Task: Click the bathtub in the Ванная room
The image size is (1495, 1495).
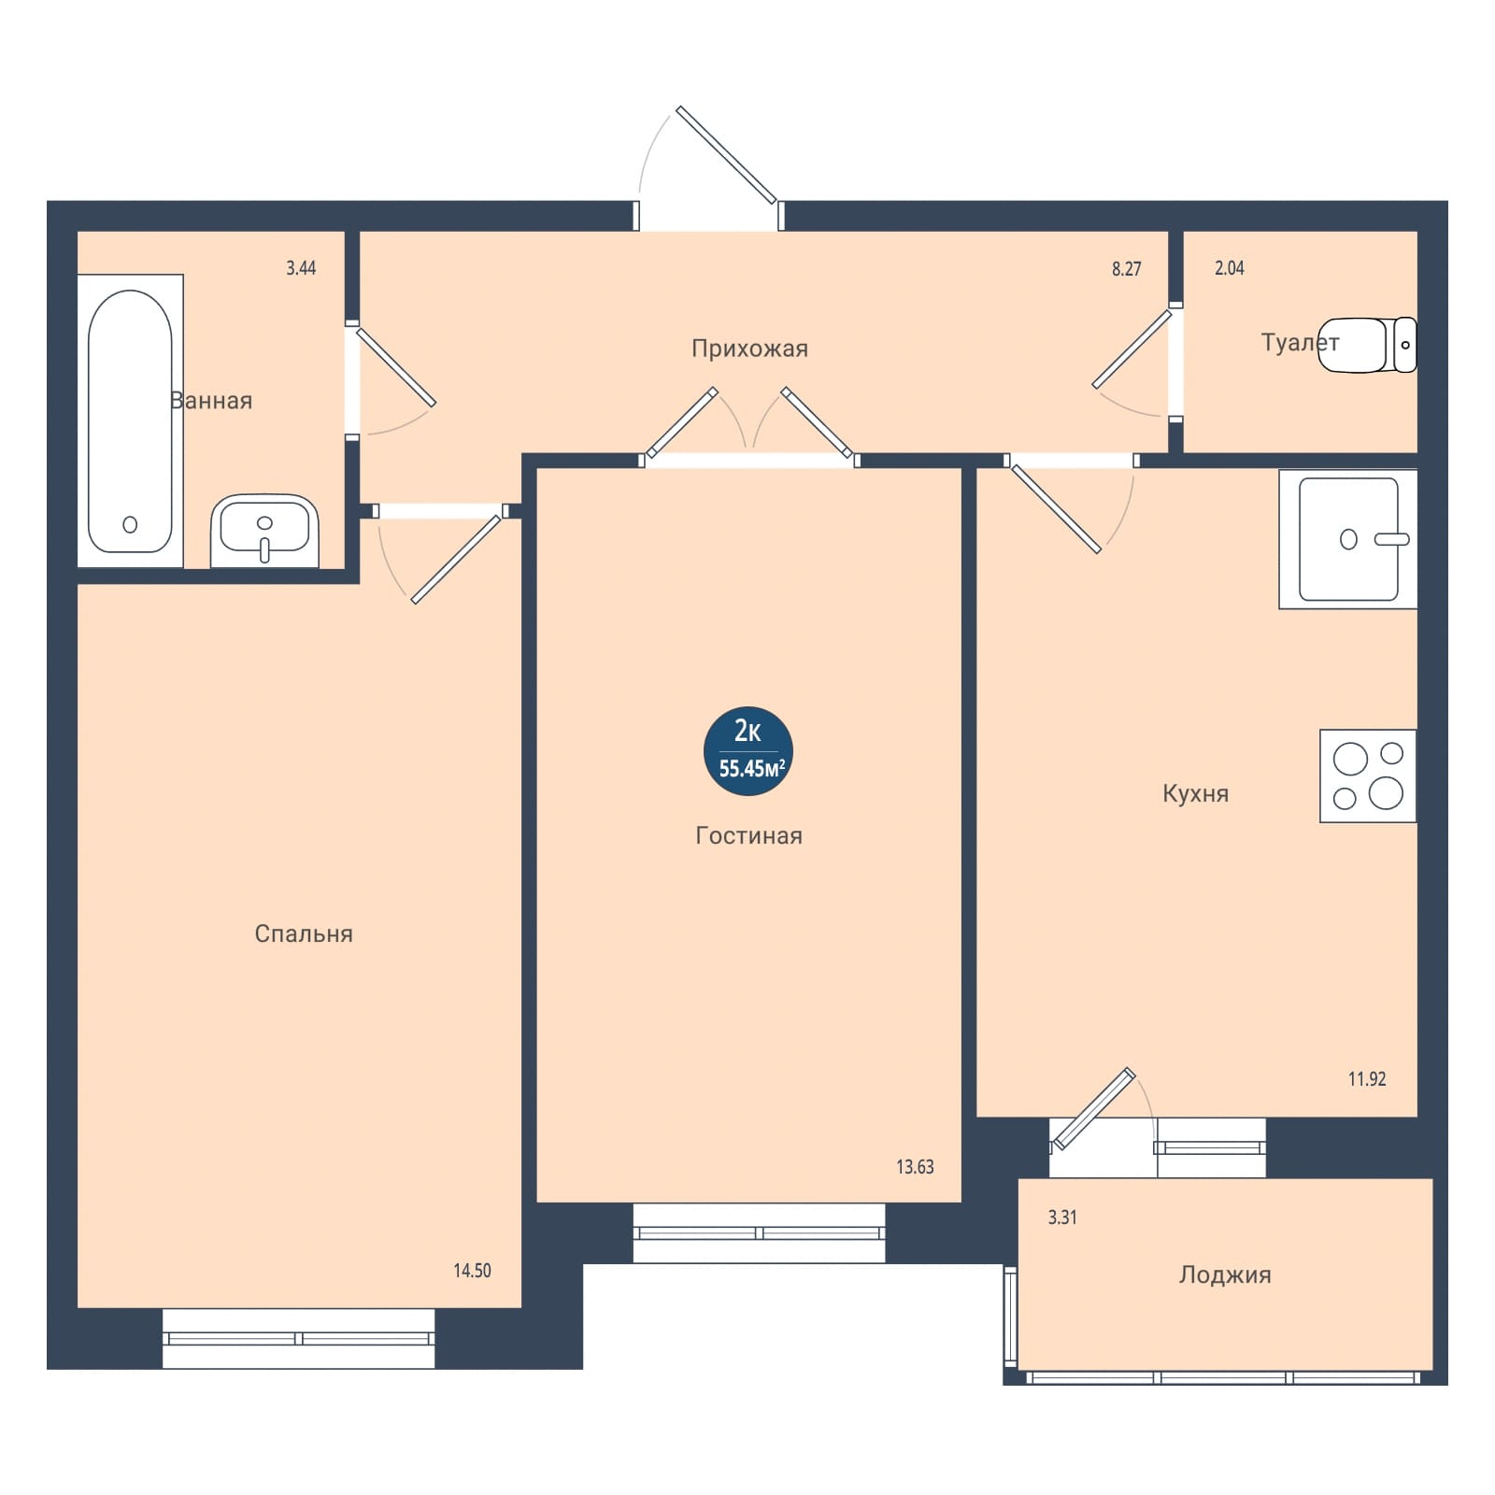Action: pos(130,420)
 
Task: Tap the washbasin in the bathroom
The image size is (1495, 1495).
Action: pos(264,531)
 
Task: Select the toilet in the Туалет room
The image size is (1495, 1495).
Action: pos(1367,345)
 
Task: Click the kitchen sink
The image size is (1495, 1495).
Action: pos(1348,539)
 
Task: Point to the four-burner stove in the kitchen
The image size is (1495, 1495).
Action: pos(1368,776)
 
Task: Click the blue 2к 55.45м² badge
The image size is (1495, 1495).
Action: pos(748,751)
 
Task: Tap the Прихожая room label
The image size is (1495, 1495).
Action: pos(749,349)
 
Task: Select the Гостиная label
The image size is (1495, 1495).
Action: pos(748,835)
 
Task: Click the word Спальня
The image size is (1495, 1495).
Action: pos(304,934)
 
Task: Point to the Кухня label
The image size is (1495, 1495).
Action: pos(1195,794)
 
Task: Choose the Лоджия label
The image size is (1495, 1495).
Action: pos(1225,1275)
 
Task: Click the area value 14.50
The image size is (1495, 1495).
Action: pos(472,1271)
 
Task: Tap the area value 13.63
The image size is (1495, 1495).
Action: pos(915,1167)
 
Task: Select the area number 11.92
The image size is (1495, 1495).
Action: pos(1367,1079)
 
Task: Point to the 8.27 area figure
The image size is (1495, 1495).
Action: pos(1127,269)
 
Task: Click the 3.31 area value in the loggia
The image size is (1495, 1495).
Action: pos(1062,1217)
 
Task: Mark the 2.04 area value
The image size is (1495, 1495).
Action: pos(1230,268)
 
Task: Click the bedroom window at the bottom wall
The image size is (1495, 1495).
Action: pos(299,1339)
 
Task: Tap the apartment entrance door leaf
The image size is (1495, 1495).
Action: pos(727,155)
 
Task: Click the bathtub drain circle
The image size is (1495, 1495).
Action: pos(130,524)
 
